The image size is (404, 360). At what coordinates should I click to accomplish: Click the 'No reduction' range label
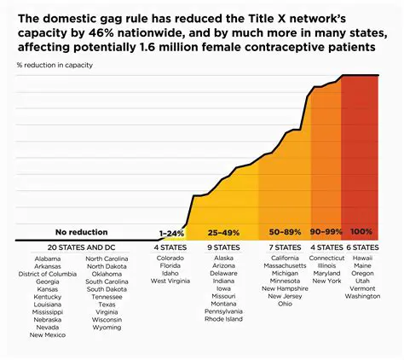(x=82, y=232)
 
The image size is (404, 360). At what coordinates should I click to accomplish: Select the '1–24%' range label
(x=171, y=232)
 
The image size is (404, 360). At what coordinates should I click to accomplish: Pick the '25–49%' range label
(x=223, y=232)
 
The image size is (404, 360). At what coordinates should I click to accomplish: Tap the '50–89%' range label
(x=285, y=232)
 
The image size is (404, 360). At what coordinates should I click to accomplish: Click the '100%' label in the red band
(x=361, y=232)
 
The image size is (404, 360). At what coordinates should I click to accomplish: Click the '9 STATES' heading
(x=223, y=247)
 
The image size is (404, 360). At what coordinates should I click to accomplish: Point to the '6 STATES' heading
(x=363, y=247)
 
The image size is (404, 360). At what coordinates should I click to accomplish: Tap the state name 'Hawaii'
(x=363, y=258)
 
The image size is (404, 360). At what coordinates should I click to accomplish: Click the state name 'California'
(x=285, y=258)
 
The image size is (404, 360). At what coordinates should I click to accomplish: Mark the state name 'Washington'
(x=363, y=296)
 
